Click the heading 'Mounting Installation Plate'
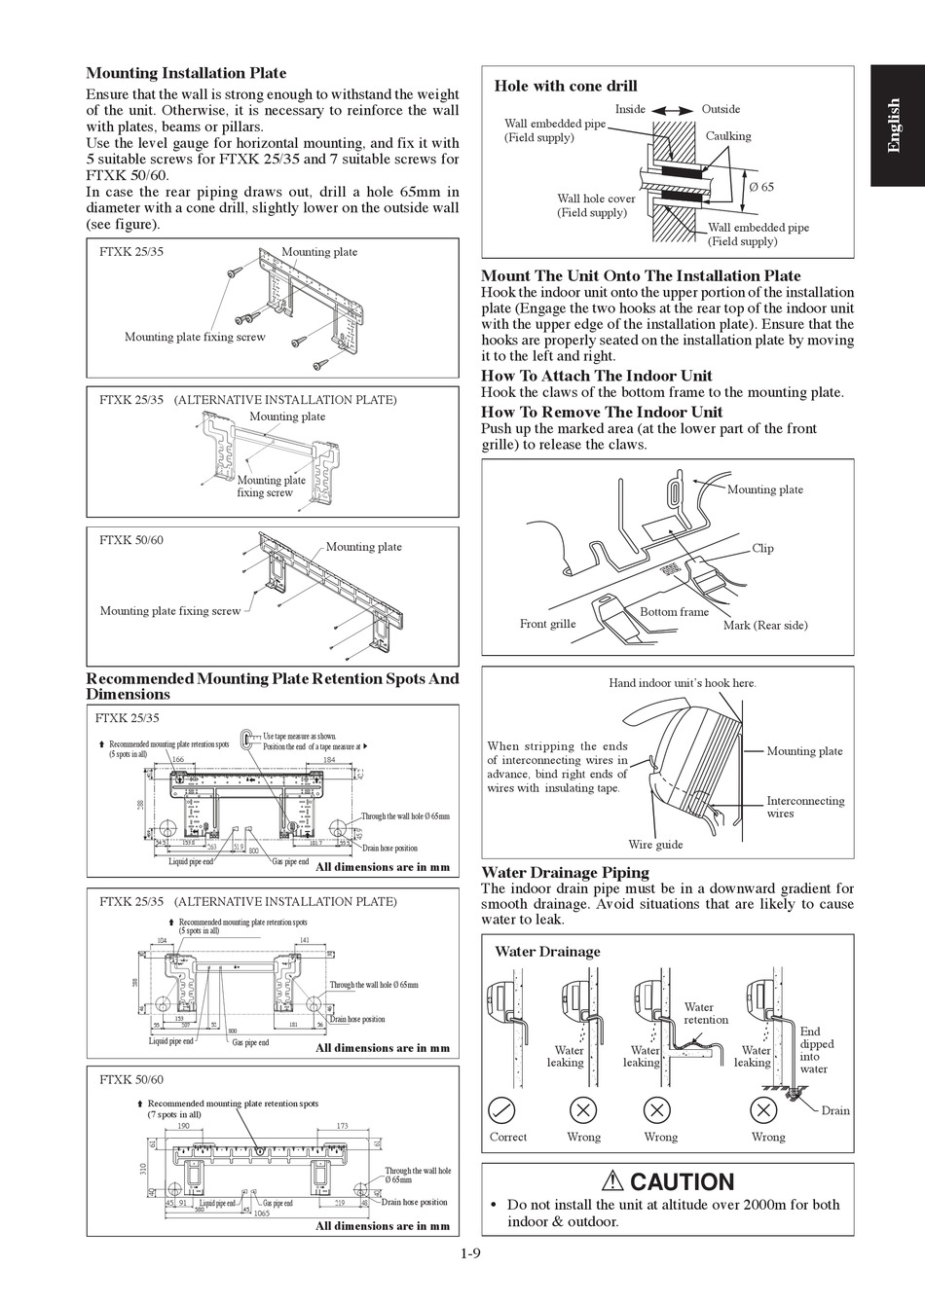(x=186, y=73)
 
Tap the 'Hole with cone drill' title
(x=566, y=86)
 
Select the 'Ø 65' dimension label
(x=761, y=187)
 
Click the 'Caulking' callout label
(x=727, y=136)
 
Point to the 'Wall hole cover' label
(x=596, y=199)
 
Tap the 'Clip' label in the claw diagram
(x=762, y=548)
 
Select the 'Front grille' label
(x=547, y=624)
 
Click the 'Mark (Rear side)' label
(x=764, y=625)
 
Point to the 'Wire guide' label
(x=655, y=845)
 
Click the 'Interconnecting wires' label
(x=805, y=807)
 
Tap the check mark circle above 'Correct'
(x=501, y=1108)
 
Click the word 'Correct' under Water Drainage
(x=507, y=1137)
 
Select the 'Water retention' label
(x=705, y=1013)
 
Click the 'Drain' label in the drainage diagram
(x=835, y=1110)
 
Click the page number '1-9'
(x=471, y=1253)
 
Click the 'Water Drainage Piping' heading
(x=565, y=872)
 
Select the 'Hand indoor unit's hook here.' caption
(x=682, y=683)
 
